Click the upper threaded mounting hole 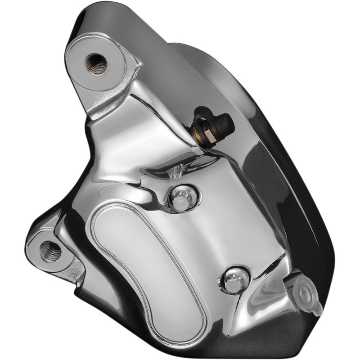point(96,63)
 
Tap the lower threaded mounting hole point(50,251)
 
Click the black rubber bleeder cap point(222,123)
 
